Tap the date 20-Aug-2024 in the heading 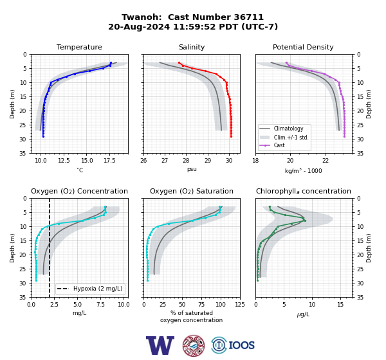[x=139, y=26]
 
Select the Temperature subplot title [x=79, y=47]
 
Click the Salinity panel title [x=192, y=47]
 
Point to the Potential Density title [x=303, y=47]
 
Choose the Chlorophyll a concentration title [x=303, y=191]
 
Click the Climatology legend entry [x=288, y=129]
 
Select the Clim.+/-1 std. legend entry [x=291, y=138]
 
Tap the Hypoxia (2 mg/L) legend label [x=98, y=289]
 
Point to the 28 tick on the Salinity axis [x=186, y=161]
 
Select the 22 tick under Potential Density [x=326, y=161]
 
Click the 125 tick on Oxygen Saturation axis [x=240, y=305]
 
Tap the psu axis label [x=192, y=169]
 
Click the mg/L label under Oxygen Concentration [x=79, y=313]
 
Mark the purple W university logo [x=160, y=345]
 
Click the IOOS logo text [x=241, y=345]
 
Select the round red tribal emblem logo [x=194, y=345]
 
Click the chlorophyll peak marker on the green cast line [x=305, y=221]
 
